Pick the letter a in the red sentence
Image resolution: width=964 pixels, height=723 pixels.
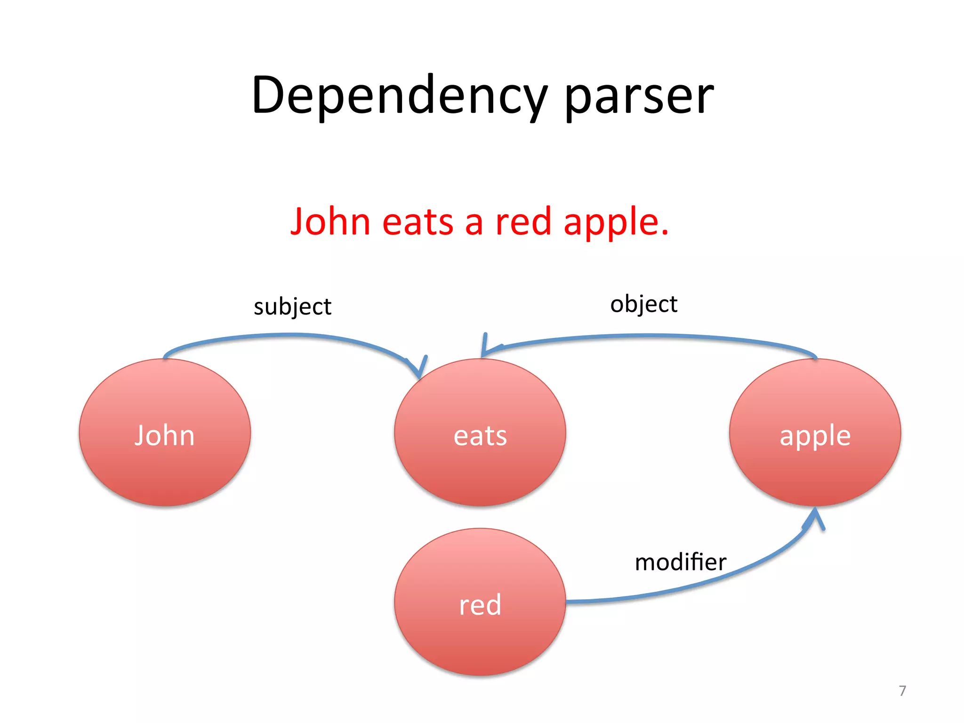(x=474, y=223)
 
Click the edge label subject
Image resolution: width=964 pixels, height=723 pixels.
(x=292, y=307)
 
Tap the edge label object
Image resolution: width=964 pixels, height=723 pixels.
(x=643, y=304)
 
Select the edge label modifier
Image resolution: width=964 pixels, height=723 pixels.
(x=680, y=562)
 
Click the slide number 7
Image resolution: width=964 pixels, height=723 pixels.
(x=902, y=691)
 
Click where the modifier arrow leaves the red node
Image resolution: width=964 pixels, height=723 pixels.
(x=568, y=602)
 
